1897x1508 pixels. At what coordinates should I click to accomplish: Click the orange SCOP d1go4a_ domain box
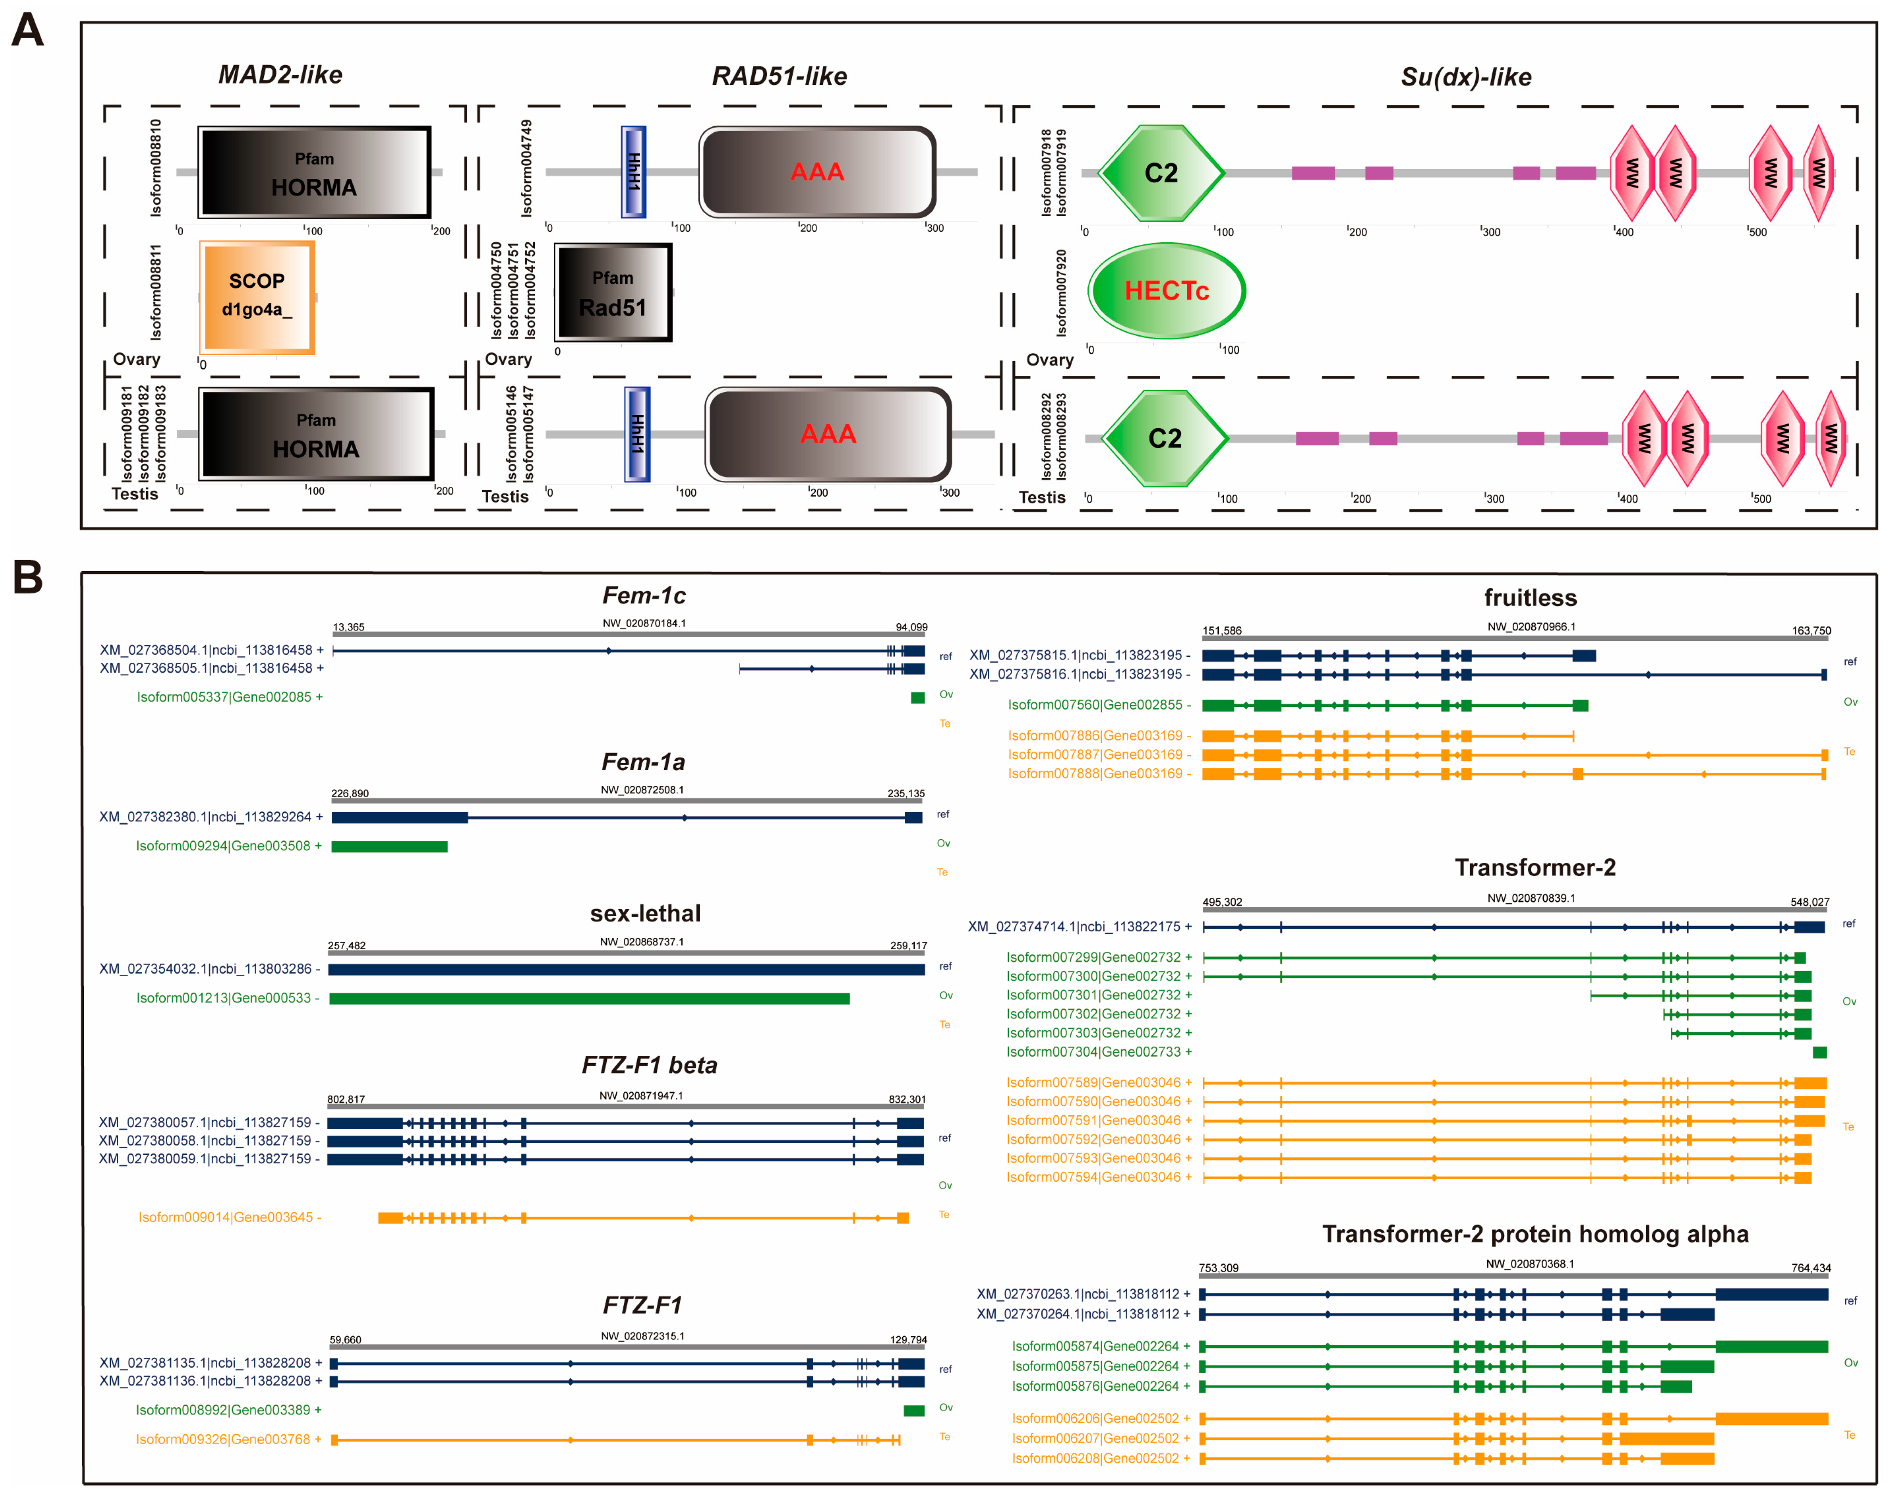pos(257,296)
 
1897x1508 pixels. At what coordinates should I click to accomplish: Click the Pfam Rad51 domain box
pos(613,292)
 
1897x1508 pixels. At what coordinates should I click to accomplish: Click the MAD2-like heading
pos(280,75)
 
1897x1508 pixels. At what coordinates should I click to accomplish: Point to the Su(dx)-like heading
pos(1466,77)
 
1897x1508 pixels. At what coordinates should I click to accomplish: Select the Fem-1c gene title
pos(644,596)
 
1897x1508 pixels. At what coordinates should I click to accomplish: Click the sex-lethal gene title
pos(645,913)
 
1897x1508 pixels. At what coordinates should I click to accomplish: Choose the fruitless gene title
pos(1530,598)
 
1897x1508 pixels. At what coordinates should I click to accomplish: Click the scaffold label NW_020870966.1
pos(1531,626)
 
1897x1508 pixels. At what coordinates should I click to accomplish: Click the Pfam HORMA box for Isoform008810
pos(314,173)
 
